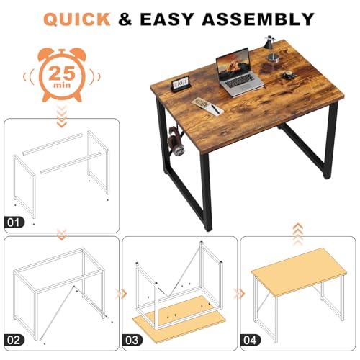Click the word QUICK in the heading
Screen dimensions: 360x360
pos(76,19)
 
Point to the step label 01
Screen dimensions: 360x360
pos(14,222)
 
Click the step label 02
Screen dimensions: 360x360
pos(14,340)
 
